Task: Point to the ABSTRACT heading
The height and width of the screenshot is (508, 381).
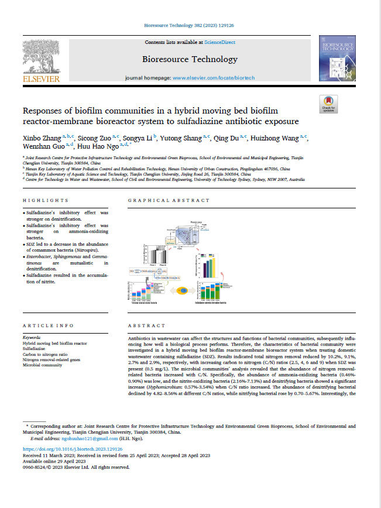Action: tap(142, 325)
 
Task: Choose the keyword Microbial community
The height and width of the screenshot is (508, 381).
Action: tap(43, 365)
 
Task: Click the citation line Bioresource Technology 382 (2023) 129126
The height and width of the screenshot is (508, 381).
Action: tap(190, 26)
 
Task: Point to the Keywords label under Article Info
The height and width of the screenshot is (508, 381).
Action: tap(31, 338)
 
